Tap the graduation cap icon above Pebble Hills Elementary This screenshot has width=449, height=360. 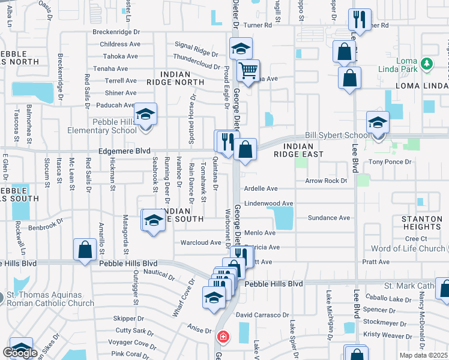[145, 115]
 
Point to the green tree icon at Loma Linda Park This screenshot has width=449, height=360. [427, 63]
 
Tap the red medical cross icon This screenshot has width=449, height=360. [223, 337]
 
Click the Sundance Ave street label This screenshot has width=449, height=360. [328, 218]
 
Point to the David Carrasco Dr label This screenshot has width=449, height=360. [262, 315]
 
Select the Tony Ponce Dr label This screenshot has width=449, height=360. [390, 162]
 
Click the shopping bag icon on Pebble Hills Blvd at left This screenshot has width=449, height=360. [85, 249]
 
